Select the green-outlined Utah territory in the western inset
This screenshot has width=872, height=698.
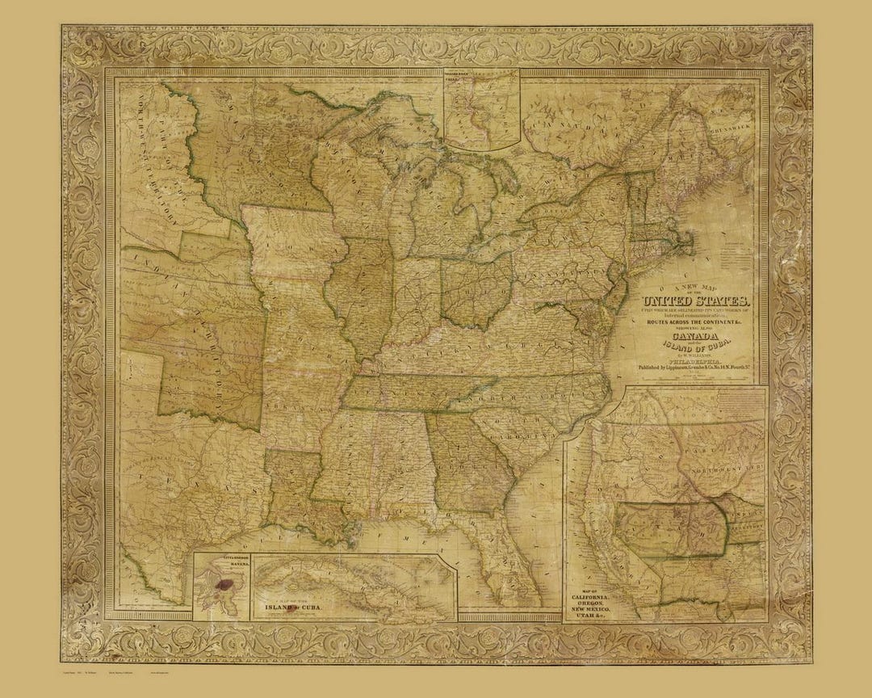(670, 529)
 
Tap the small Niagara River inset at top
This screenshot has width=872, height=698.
(480, 109)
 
